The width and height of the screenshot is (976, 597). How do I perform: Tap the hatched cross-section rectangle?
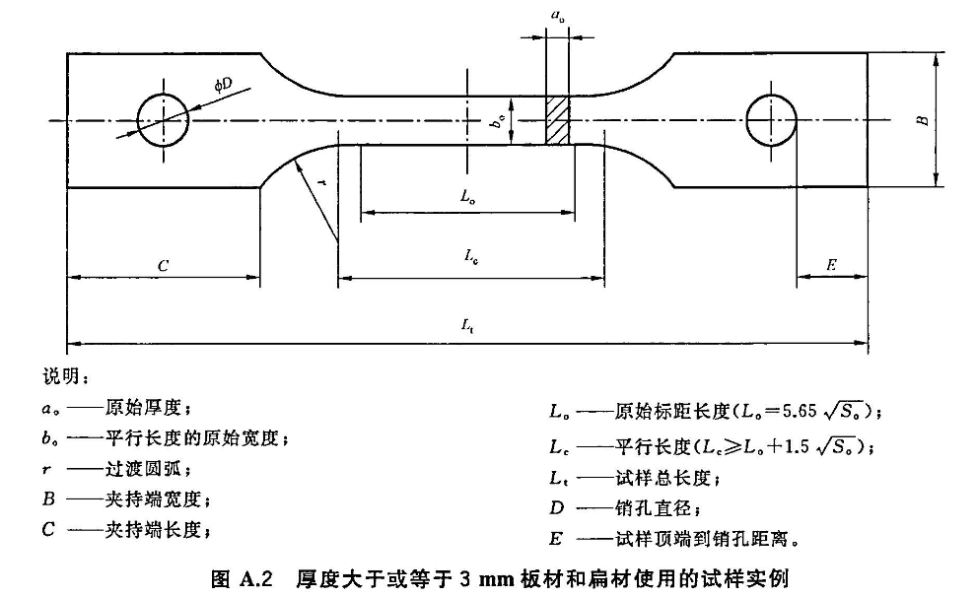558,121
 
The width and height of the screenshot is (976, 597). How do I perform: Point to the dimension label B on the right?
921,119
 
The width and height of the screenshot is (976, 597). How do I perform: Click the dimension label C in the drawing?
164,266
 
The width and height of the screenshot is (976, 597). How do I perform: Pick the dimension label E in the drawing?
831,265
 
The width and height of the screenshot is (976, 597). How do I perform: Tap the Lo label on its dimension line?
467,196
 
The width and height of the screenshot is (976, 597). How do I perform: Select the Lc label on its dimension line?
471,255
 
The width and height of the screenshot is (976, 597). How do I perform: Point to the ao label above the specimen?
557,16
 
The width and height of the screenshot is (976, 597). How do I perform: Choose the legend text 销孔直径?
652,509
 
